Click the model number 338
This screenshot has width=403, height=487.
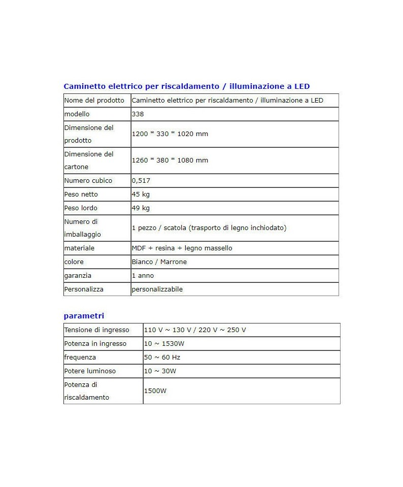(x=138, y=114)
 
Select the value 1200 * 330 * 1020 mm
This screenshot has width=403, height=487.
(x=170, y=134)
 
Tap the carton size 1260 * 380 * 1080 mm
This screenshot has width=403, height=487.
(x=170, y=160)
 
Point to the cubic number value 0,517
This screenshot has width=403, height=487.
(x=141, y=181)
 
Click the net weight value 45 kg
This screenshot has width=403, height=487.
(x=141, y=194)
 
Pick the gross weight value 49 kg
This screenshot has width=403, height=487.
(x=141, y=208)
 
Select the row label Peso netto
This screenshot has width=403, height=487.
(x=81, y=194)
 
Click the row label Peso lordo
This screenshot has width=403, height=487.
(x=81, y=208)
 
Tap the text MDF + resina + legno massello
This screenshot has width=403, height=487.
(x=182, y=248)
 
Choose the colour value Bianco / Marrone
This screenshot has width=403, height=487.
(x=159, y=262)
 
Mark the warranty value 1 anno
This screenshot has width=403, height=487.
(x=143, y=276)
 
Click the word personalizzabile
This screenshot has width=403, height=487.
(x=157, y=289)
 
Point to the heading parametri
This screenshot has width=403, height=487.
(x=84, y=316)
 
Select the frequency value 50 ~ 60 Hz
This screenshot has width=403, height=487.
(x=162, y=358)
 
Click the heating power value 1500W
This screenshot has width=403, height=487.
(x=155, y=391)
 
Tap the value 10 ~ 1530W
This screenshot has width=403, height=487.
(x=164, y=344)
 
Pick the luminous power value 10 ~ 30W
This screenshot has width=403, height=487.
(x=160, y=371)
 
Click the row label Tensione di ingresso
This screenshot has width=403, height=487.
(x=97, y=330)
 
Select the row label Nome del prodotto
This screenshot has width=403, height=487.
(x=94, y=101)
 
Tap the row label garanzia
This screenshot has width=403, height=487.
(x=78, y=276)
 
